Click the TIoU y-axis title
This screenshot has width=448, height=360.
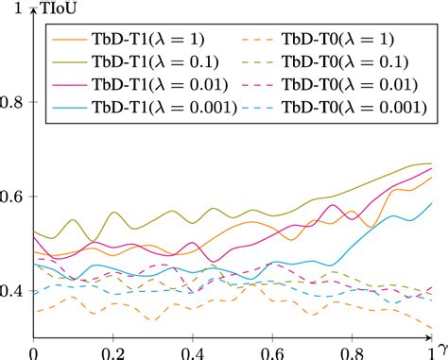point(60,10)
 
